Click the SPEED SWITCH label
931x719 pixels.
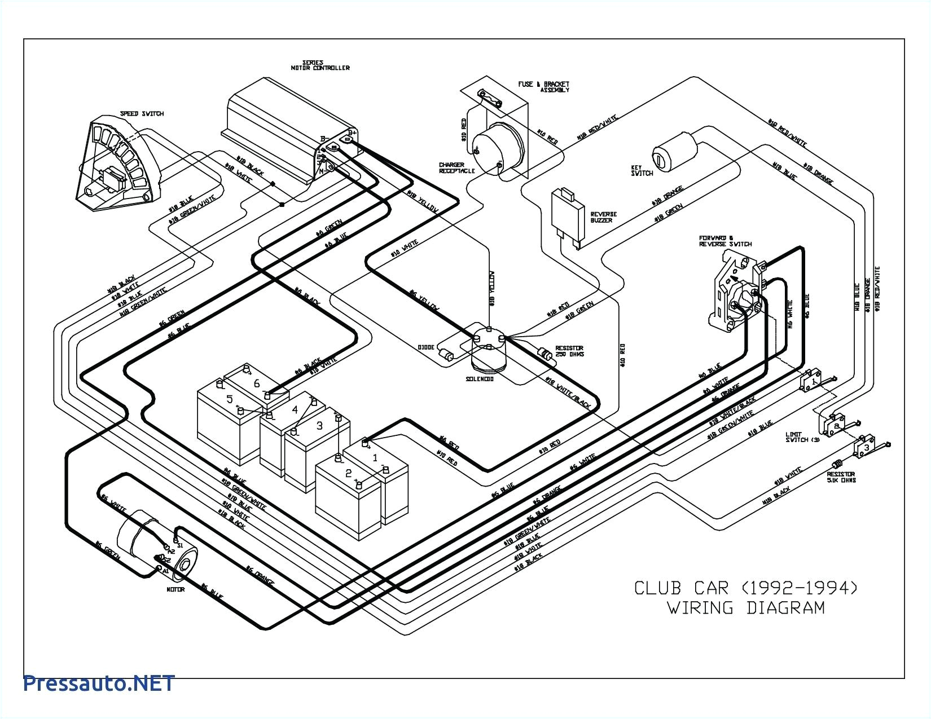click(142, 114)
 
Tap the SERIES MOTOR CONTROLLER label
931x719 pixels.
click(320, 65)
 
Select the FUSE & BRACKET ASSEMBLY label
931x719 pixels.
click(543, 87)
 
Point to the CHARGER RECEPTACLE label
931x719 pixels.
click(457, 168)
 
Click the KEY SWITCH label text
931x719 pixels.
click(642, 170)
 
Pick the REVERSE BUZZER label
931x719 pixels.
click(603, 217)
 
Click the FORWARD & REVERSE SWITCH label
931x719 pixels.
click(725, 241)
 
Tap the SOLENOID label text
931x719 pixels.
click(480, 379)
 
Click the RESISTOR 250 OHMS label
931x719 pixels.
click(569, 351)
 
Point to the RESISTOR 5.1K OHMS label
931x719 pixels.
click(841, 477)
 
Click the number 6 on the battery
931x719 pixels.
click(257, 383)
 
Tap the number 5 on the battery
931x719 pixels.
click(230, 400)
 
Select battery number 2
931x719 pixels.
click(348, 473)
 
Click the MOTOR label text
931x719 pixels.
click(175, 590)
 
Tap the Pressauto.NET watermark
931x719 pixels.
click(99, 683)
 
